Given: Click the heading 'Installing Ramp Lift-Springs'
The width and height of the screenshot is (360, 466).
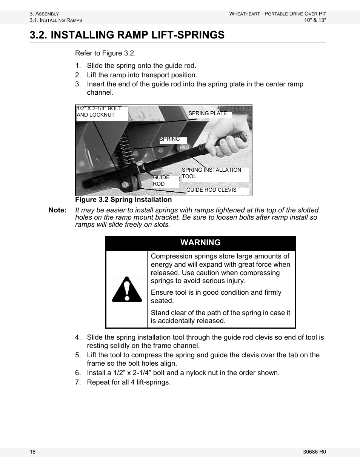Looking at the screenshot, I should click(127, 35).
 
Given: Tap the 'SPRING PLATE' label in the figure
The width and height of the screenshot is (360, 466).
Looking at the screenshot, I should click(208, 113).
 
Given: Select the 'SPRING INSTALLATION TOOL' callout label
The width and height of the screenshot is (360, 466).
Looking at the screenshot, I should click(211, 173).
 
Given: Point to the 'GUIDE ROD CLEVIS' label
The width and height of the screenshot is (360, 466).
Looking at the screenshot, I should click(211, 190).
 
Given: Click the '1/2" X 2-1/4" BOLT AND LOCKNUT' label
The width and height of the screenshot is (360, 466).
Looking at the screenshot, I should click(99, 112).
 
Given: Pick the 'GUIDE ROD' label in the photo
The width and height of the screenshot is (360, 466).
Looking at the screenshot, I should click(161, 181).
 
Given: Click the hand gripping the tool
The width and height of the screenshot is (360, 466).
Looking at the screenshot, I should click(230, 141).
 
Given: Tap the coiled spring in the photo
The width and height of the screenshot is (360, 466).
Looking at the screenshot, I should click(123, 149).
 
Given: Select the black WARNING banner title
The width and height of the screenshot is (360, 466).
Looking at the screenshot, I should click(200, 243).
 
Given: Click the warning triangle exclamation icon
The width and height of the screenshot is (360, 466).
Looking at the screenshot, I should click(127, 289).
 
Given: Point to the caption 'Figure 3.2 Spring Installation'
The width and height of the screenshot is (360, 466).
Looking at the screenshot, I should click(123, 200).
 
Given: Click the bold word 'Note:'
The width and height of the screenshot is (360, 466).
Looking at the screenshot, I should click(57, 210).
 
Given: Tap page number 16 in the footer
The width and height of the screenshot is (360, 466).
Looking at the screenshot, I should click(33, 452).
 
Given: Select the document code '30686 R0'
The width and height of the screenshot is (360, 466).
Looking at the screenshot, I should click(314, 452).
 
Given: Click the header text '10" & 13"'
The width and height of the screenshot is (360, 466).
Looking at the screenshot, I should click(315, 20).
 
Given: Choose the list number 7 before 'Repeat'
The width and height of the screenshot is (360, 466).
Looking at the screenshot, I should click(78, 382).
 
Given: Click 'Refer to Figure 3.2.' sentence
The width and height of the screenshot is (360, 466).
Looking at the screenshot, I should click(105, 53).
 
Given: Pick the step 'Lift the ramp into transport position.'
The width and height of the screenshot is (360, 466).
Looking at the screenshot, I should click(142, 75).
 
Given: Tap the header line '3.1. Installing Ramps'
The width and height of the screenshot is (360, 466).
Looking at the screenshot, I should click(56, 20).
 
